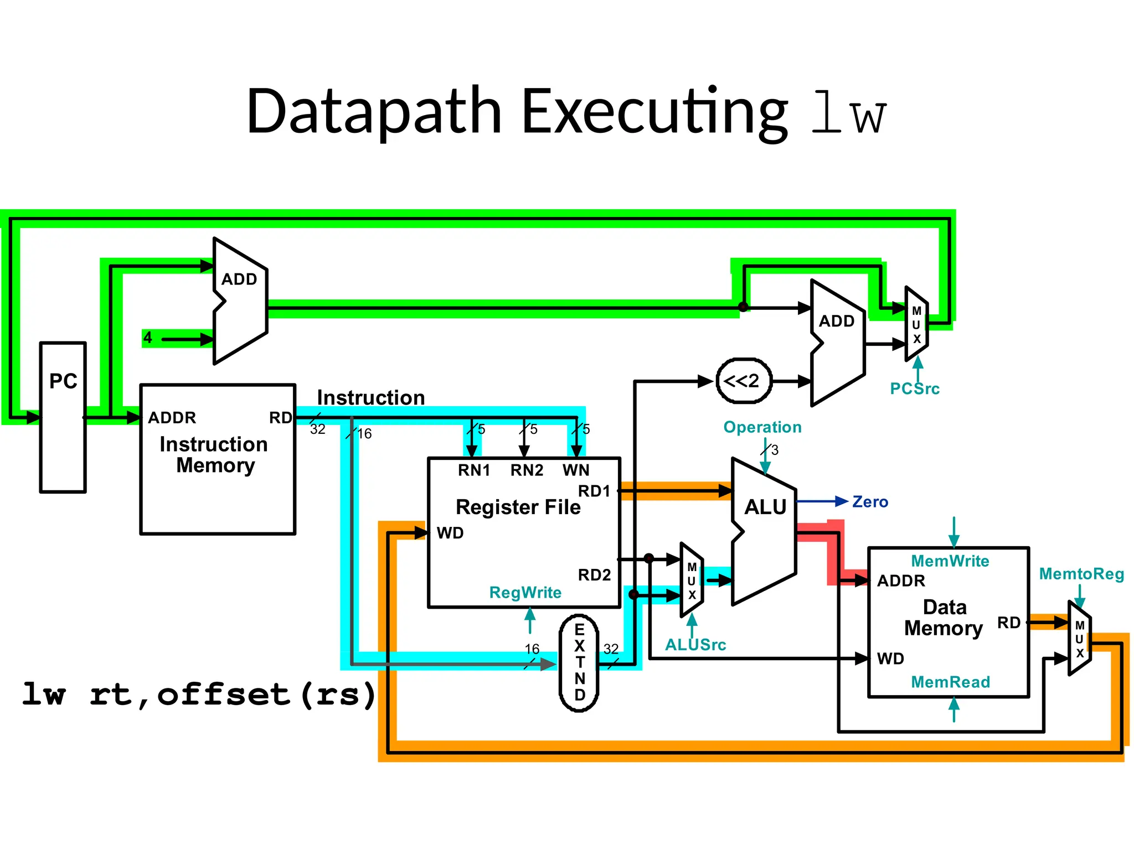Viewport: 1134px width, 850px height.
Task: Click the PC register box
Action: [x=63, y=417]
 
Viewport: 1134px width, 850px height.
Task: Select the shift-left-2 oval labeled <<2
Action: [x=744, y=381]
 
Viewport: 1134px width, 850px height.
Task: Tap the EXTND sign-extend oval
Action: [x=579, y=662]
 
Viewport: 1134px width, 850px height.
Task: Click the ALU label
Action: [x=765, y=507]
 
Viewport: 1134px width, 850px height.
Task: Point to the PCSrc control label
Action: [x=914, y=388]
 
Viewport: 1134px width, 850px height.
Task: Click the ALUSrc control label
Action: [x=695, y=645]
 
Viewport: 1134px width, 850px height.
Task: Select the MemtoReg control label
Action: [x=1081, y=574]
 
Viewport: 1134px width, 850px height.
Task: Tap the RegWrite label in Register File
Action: [x=525, y=593]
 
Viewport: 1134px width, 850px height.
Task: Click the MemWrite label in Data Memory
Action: [x=950, y=561]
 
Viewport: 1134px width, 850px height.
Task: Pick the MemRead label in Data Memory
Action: [x=950, y=682]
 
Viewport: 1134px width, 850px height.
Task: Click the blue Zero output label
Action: [x=870, y=502]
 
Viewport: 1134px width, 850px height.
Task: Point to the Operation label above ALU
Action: [x=762, y=427]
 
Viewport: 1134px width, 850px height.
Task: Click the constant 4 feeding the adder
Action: [x=147, y=338]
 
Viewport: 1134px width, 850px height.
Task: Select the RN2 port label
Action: [x=527, y=470]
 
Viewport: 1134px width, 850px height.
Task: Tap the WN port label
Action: [x=576, y=470]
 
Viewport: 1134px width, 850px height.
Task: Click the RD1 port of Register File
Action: [x=594, y=491]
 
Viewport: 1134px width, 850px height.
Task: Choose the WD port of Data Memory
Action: [x=890, y=659]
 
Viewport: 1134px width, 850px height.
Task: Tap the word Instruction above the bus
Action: [x=370, y=398]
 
